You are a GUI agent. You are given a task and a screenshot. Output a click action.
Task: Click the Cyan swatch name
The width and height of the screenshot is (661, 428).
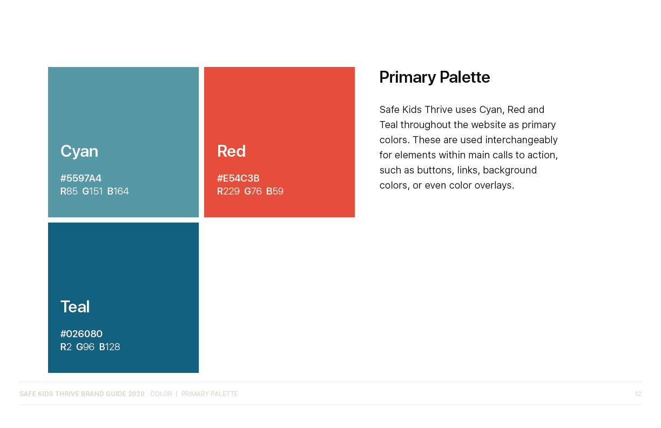[79, 151]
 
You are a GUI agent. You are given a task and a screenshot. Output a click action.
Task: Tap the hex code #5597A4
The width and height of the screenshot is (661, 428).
[81, 178]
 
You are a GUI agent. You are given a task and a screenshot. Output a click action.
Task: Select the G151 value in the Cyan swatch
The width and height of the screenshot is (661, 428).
[92, 191]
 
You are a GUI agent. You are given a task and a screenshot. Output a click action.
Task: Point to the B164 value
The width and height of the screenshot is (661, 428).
[118, 191]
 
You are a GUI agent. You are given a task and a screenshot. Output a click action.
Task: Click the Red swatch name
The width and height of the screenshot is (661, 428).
[231, 151]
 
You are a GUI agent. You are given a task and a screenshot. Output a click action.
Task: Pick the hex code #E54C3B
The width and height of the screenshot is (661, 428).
[238, 178]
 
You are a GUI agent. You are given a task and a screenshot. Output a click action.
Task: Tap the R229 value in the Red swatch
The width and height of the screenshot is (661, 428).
[228, 191]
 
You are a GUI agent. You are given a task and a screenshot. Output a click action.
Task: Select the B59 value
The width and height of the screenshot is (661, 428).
[275, 191]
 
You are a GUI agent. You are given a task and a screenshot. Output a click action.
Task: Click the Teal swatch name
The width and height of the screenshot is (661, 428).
[75, 306]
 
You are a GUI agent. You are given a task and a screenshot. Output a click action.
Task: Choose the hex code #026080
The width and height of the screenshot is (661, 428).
[81, 334]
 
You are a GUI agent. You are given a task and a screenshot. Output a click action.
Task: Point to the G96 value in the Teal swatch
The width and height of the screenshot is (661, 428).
[85, 347]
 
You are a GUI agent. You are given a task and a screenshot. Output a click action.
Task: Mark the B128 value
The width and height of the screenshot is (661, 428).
[110, 347]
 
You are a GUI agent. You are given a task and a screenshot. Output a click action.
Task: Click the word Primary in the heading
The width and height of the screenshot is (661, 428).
[408, 78]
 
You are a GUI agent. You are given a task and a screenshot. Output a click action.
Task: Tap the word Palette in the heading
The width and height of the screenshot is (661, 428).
[465, 77]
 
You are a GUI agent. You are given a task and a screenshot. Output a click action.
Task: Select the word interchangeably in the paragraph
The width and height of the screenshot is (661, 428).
[522, 140]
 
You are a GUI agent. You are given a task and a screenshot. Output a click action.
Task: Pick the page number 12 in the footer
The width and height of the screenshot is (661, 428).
[638, 394]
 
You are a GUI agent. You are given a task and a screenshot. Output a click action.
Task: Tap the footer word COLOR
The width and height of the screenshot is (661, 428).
[161, 394]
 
